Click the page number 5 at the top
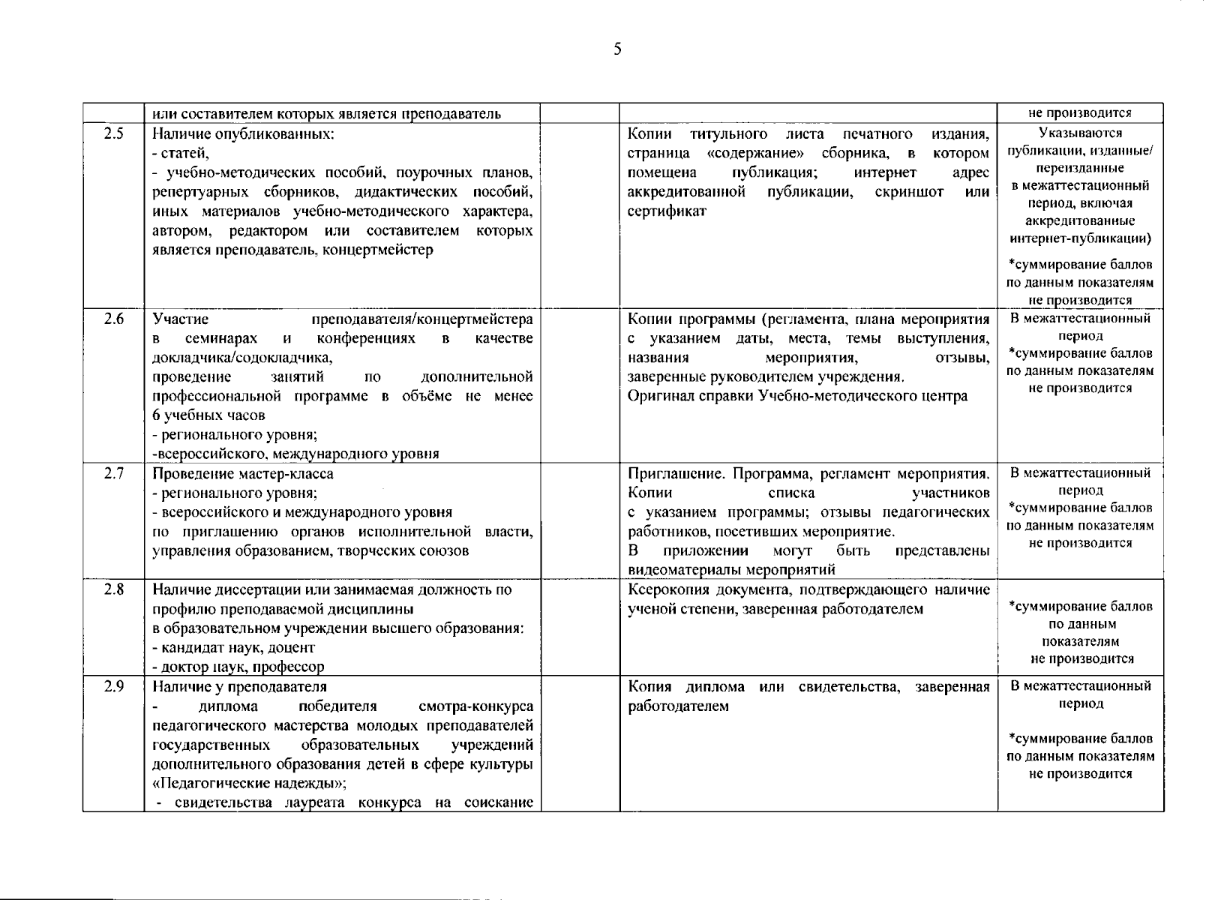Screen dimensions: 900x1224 [x=617, y=49]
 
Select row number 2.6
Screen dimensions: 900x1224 [x=114, y=319]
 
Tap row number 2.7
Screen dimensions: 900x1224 [x=114, y=474]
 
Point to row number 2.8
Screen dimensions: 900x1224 [x=114, y=589]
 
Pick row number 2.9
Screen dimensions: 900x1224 [x=114, y=687]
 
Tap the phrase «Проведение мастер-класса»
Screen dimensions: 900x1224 [x=243, y=474]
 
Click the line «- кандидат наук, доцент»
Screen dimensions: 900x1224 [x=233, y=647]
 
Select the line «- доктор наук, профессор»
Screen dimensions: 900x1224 [x=238, y=667]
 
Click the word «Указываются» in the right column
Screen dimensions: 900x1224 [x=1080, y=133]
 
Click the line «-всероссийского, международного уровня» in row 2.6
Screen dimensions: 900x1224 [x=295, y=454]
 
